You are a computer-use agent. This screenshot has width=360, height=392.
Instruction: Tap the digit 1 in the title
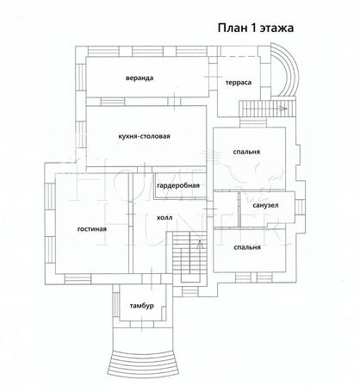(251, 28)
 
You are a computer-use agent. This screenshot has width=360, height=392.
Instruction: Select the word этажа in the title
(277, 28)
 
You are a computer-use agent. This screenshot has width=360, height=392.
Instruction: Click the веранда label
(139, 78)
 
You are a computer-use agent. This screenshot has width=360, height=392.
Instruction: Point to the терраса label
(239, 83)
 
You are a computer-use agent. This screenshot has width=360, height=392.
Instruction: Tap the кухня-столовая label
(145, 135)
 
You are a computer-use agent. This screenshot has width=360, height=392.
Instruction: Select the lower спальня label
(246, 247)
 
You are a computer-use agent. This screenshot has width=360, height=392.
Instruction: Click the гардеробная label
(178, 186)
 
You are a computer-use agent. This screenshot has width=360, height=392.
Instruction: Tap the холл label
(153, 219)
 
